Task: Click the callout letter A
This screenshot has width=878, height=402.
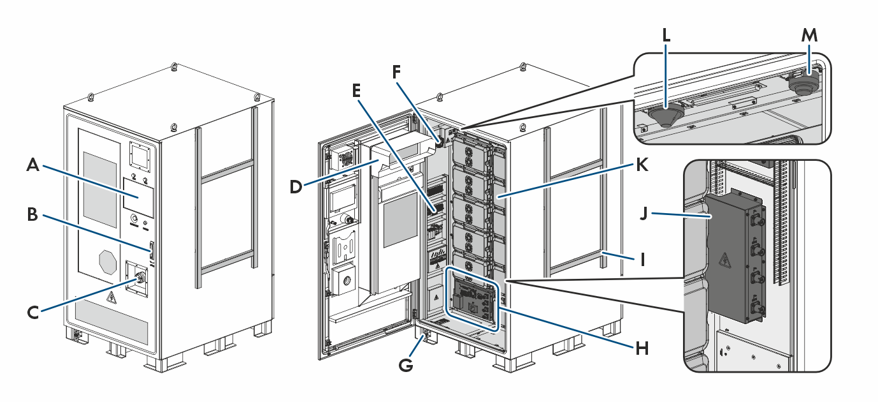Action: pyautogui.click(x=33, y=165)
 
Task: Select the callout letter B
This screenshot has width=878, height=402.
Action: pyautogui.click(x=32, y=214)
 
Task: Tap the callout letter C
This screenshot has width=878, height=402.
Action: pyautogui.click(x=33, y=313)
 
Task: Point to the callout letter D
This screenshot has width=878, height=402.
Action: pyautogui.click(x=296, y=187)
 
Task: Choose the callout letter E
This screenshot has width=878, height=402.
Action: pyautogui.click(x=356, y=91)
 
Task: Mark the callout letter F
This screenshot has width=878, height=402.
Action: pyautogui.click(x=396, y=72)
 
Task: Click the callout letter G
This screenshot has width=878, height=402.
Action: pyautogui.click(x=406, y=365)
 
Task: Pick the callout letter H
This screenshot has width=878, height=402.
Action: pyautogui.click(x=642, y=348)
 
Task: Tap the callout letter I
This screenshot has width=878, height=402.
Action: pyautogui.click(x=642, y=260)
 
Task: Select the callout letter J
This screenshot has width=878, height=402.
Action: pyautogui.click(x=644, y=214)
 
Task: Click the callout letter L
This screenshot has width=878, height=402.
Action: pyautogui.click(x=666, y=35)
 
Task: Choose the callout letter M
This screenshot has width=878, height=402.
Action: pyautogui.click(x=809, y=35)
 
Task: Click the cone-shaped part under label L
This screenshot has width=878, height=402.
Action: pyautogui.click(x=666, y=115)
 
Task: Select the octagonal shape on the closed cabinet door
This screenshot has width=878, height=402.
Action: pyautogui.click(x=108, y=262)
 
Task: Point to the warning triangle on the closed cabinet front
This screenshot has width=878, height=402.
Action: pyautogui.click(x=112, y=299)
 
